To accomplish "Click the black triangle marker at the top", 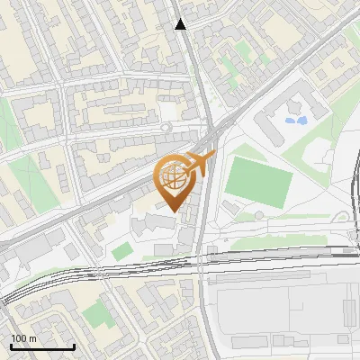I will [181, 24].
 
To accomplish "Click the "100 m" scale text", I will [24, 338].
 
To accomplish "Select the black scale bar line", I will [42, 346].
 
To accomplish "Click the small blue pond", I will [295, 117].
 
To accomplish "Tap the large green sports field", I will [258, 181].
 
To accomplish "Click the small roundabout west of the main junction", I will [166, 128].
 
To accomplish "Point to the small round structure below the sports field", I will [259, 214].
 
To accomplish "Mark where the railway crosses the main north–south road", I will [203, 261].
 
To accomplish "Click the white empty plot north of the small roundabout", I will [168, 111].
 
